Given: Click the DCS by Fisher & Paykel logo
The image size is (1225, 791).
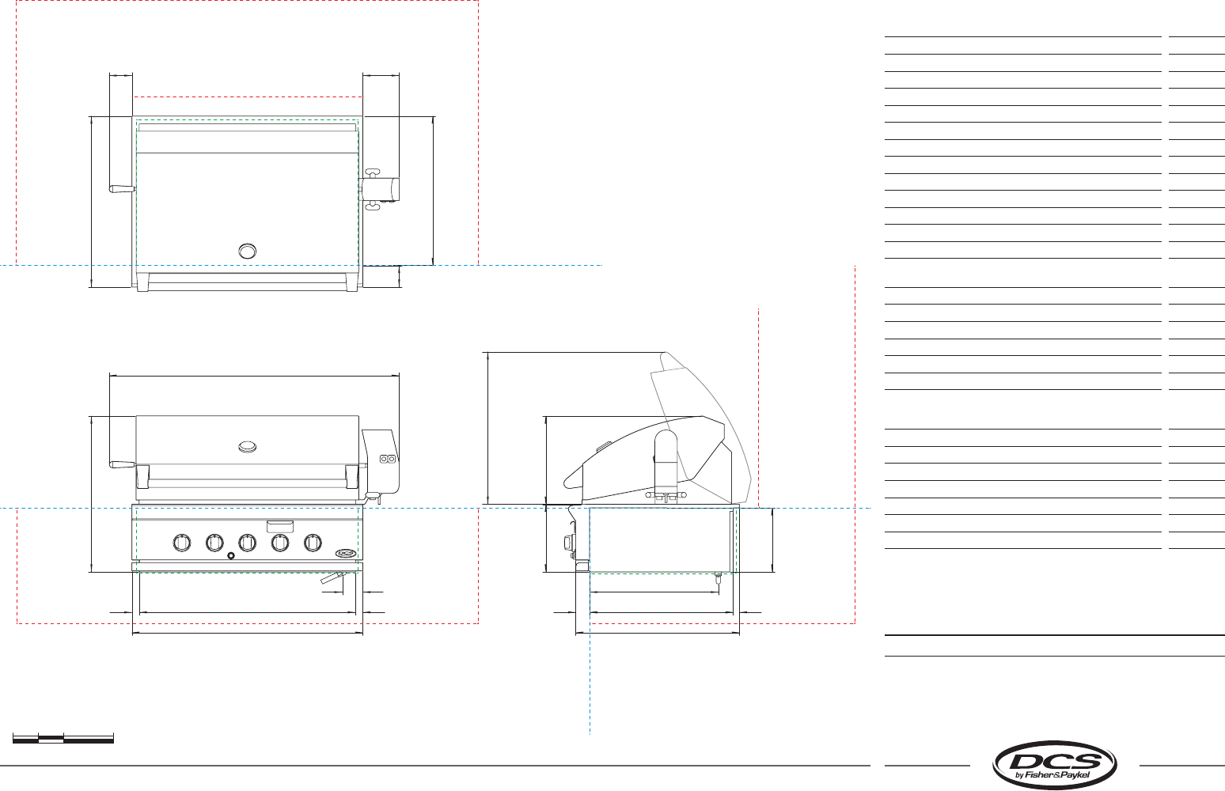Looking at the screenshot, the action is tap(1054, 765).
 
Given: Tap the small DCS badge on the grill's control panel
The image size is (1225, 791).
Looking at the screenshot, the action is tap(346, 553).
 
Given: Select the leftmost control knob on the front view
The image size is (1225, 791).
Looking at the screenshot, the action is tap(181, 543).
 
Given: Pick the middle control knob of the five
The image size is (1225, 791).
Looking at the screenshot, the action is tap(247, 543).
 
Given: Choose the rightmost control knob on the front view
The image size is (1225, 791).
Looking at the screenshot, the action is tap(313, 543).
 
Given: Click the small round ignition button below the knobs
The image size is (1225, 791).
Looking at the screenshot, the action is tap(231, 555).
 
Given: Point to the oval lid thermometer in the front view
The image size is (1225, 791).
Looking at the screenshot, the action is tap(247, 447).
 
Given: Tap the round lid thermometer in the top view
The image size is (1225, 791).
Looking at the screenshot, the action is tap(247, 251).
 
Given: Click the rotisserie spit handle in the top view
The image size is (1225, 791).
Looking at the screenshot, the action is tap(122, 188).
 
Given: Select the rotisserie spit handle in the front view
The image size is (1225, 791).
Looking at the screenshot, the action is tap(122, 464).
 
